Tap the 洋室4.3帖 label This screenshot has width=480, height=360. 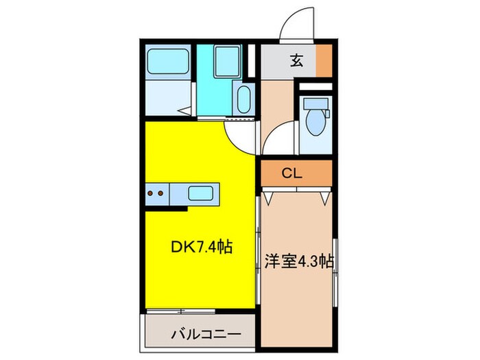[300, 261]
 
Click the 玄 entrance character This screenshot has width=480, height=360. [296, 61]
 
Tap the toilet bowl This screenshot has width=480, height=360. [315, 122]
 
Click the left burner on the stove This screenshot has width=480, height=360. [152, 193]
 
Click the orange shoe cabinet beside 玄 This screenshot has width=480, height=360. [324, 62]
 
